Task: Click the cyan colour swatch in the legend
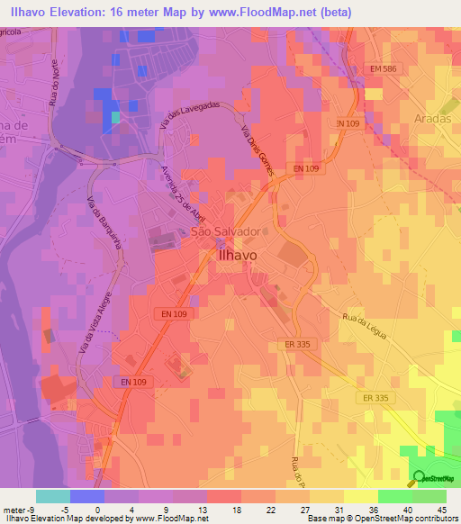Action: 53,496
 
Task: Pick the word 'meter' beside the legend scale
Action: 13,509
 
